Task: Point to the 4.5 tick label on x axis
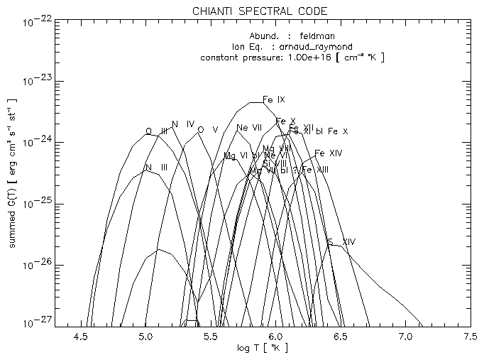(81, 334)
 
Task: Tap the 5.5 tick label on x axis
(211, 334)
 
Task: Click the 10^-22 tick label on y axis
(38, 21)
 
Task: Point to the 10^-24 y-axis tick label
(38, 143)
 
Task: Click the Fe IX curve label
(274, 99)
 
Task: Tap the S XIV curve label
(341, 242)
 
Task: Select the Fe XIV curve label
(329, 153)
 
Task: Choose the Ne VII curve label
(250, 128)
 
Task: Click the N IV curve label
(183, 124)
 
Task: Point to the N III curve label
(156, 168)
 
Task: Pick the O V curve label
(207, 129)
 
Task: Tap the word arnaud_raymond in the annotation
(313, 46)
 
